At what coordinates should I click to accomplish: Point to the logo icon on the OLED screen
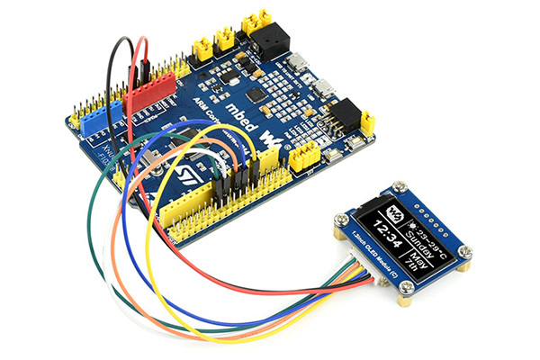point(393,214)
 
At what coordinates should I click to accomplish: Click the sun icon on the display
point(410,217)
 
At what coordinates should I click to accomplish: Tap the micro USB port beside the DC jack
point(296,61)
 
